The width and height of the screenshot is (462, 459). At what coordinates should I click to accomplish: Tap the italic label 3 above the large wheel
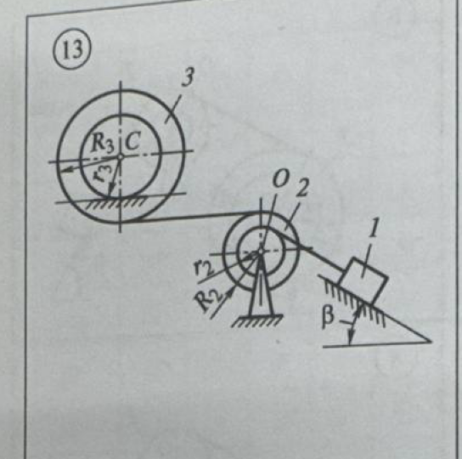[x=188, y=78]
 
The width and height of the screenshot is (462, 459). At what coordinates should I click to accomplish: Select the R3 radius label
[x=102, y=144]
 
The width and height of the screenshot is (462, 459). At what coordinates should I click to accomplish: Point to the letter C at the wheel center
[x=132, y=141]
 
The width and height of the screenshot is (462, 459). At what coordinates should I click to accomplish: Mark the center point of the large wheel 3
[x=120, y=157]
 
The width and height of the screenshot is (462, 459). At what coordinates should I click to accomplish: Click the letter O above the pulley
[x=279, y=180]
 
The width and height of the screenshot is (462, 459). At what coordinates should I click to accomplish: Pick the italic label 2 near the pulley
[x=302, y=188]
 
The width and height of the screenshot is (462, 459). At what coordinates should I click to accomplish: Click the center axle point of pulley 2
[x=261, y=252]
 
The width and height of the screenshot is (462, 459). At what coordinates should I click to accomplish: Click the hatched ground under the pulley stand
[x=257, y=320]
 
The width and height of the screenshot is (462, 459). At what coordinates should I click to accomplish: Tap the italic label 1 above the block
[x=375, y=229]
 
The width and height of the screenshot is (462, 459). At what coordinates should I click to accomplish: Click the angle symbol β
[x=328, y=318]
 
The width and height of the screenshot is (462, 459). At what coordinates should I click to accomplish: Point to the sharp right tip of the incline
[x=431, y=342]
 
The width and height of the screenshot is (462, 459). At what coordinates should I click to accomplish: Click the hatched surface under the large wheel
[x=115, y=202]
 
